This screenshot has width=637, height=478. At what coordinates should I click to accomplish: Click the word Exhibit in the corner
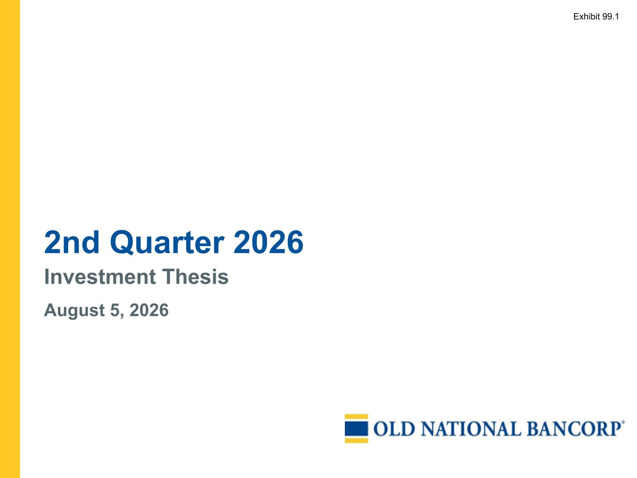pyautogui.click(x=587, y=16)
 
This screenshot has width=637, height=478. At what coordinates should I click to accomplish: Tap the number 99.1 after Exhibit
pyautogui.click(x=610, y=16)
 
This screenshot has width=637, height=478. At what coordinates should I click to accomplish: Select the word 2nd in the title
pyautogui.click(x=72, y=242)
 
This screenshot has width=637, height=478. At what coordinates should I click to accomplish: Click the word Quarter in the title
pyautogui.click(x=167, y=243)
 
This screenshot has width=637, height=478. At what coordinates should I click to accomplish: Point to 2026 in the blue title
pyautogui.click(x=268, y=242)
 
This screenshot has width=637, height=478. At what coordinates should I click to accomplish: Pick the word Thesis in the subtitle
pyautogui.click(x=195, y=277)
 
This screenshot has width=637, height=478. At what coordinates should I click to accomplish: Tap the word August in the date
pyautogui.click(x=75, y=311)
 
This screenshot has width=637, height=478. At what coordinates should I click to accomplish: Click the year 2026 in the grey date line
pyautogui.click(x=149, y=310)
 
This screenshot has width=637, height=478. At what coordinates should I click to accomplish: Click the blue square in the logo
pyautogui.click(x=357, y=429)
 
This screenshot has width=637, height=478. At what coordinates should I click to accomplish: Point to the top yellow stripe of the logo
pyautogui.click(x=357, y=416)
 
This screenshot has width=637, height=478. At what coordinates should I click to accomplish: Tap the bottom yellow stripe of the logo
pyautogui.click(x=357, y=441)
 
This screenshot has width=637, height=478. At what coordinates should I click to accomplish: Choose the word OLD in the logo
pyautogui.click(x=394, y=429)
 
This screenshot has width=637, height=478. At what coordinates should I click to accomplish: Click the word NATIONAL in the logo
pyautogui.click(x=470, y=429)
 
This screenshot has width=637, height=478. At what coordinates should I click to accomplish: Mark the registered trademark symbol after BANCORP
pyautogui.click(x=622, y=422)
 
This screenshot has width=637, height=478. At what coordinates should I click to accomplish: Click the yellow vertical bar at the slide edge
pyautogui.click(x=10, y=239)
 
